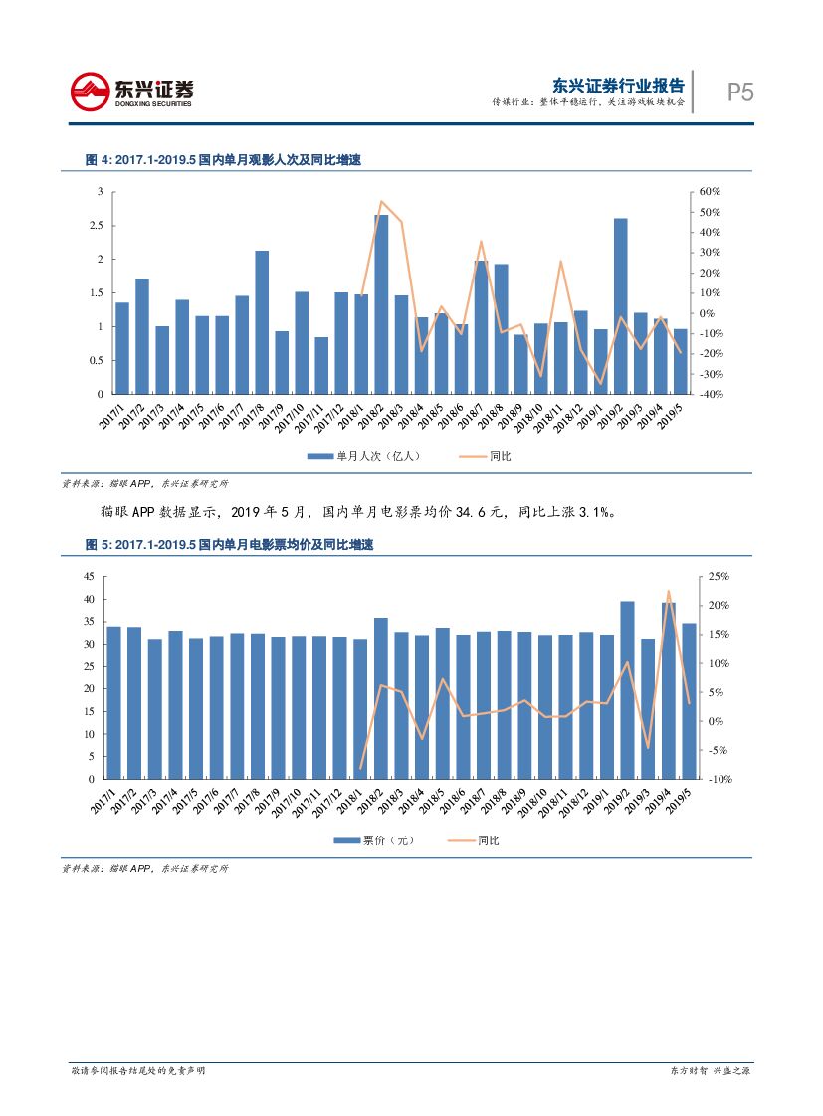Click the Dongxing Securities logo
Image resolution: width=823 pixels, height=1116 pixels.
(132, 92)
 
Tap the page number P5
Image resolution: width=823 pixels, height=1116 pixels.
(739, 93)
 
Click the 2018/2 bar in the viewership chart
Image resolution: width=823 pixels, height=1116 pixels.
(381, 304)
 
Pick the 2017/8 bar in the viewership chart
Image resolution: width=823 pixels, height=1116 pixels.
(262, 322)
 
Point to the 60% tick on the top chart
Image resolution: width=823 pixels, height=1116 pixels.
(710, 191)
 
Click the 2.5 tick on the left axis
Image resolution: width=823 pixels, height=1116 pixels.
(97, 226)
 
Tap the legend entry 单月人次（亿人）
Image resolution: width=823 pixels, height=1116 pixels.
(364, 456)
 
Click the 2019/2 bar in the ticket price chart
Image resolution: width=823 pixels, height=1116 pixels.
(627, 689)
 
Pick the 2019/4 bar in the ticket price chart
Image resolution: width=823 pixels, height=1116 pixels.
(669, 690)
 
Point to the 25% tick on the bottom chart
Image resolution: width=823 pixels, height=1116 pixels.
(719, 577)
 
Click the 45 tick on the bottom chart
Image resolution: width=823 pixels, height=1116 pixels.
(88, 577)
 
